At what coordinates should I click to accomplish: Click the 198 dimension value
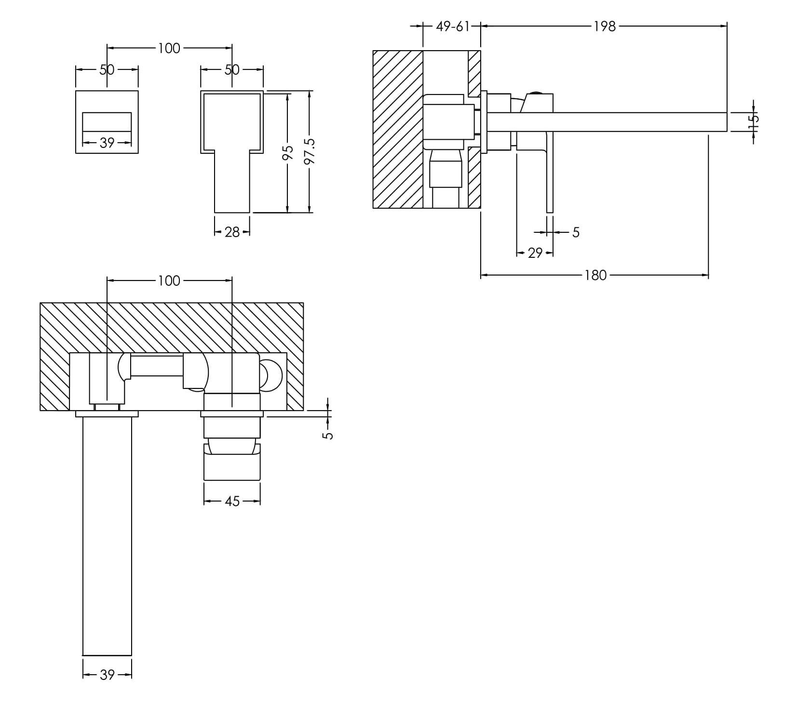[x=605, y=27]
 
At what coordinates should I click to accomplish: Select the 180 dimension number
[x=595, y=275]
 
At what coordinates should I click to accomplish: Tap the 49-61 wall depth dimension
[x=452, y=27]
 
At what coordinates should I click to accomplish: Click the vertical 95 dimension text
[x=287, y=153]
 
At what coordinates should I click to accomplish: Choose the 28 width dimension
[x=232, y=232]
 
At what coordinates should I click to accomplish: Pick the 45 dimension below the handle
[x=232, y=502]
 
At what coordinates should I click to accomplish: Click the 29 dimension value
[x=535, y=253]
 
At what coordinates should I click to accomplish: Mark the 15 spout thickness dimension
[x=754, y=121]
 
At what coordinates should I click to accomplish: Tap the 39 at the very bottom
[x=107, y=675]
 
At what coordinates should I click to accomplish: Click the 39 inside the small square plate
[x=107, y=143]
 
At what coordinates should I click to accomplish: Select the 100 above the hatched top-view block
[x=169, y=280]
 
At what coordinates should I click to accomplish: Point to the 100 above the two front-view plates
[x=169, y=48]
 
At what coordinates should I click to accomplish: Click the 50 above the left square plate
[x=107, y=70]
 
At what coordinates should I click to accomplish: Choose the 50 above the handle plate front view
[x=232, y=70]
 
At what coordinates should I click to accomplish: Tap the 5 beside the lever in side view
[x=576, y=233]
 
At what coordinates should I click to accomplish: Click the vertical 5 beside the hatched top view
[x=328, y=435]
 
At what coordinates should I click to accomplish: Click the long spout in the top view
[x=107, y=535]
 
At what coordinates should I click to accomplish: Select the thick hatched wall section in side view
[x=398, y=129]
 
